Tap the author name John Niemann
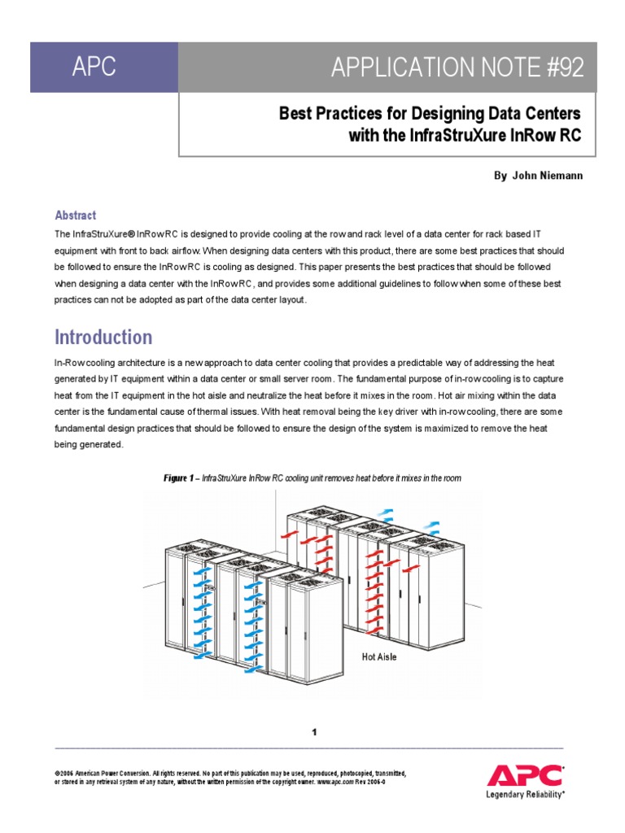547,176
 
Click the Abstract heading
75,216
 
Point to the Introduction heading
103,337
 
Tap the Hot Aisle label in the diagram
378,656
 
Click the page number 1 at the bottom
313,733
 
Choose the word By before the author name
500,176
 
